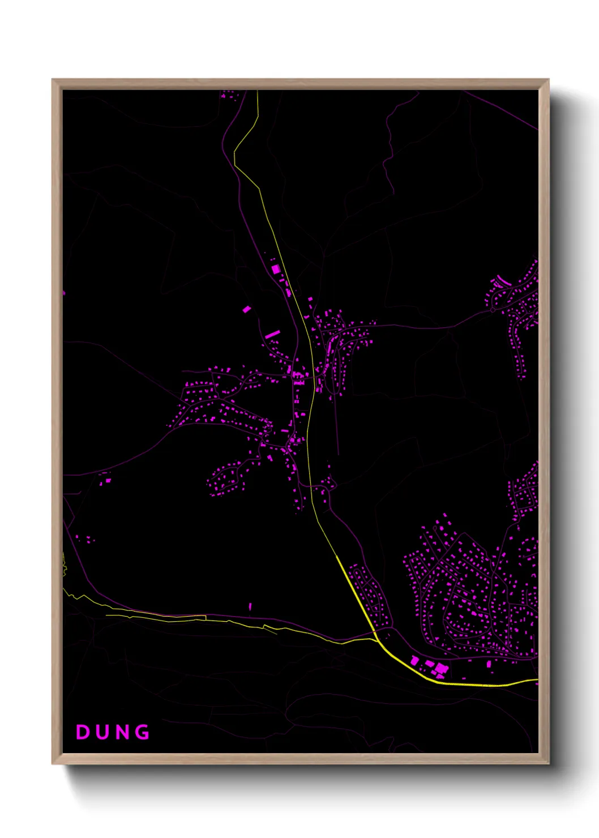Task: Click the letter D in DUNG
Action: point(83,732)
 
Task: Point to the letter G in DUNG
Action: point(143,732)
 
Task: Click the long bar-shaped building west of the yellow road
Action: point(272,335)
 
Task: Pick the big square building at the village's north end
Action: point(276,270)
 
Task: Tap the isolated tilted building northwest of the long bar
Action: point(247,309)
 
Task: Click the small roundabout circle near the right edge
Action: point(493,310)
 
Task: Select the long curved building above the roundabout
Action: point(503,280)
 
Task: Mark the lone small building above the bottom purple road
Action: point(250,607)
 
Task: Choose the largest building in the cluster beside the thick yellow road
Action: point(441,669)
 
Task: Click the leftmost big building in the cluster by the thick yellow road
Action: point(414,660)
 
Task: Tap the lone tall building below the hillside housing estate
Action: point(489,663)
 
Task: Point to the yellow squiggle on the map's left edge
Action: point(64,564)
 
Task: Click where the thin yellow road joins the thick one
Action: point(377,640)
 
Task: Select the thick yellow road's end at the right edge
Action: point(536,680)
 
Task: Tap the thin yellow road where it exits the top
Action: point(258,92)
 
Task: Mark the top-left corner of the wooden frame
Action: point(53,80)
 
